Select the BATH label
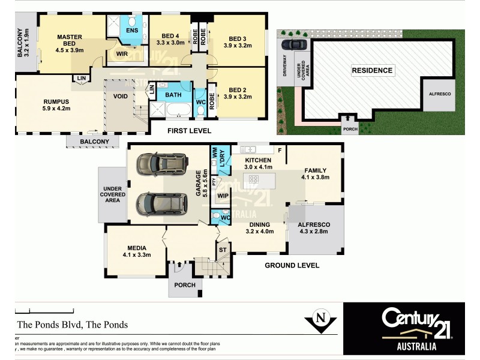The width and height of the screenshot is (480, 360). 173,95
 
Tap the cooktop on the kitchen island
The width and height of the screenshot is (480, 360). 254,179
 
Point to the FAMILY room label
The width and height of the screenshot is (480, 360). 315,170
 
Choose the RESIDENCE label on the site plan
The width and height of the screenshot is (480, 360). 372,70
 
